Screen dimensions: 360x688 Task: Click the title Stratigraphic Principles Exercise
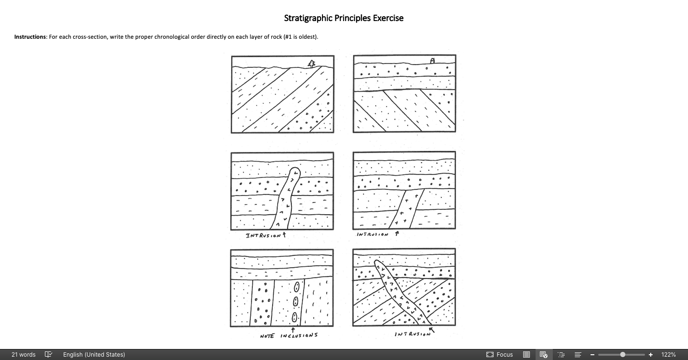344,18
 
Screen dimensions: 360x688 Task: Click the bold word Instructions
30,37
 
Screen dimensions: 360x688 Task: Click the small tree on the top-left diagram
312,63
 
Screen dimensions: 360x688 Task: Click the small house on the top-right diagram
433,61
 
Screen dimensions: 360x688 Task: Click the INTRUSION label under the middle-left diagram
263,236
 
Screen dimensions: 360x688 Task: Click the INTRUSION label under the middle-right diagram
373,234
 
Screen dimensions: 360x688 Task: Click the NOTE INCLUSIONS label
289,336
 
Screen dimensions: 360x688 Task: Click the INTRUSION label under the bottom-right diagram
412,334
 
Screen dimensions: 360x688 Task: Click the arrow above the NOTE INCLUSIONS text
292,330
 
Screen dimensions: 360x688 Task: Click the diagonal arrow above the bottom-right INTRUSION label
432,329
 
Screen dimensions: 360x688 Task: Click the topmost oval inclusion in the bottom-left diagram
297,286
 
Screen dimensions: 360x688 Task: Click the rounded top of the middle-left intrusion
295,172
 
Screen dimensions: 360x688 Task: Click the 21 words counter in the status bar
23,355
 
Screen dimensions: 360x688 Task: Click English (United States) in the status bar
94,355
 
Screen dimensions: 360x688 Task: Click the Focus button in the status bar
500,355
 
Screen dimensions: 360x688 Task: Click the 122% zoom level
668,355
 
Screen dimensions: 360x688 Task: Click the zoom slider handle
623,355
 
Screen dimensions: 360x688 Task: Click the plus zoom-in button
651,355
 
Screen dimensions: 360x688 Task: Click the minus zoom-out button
592,355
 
